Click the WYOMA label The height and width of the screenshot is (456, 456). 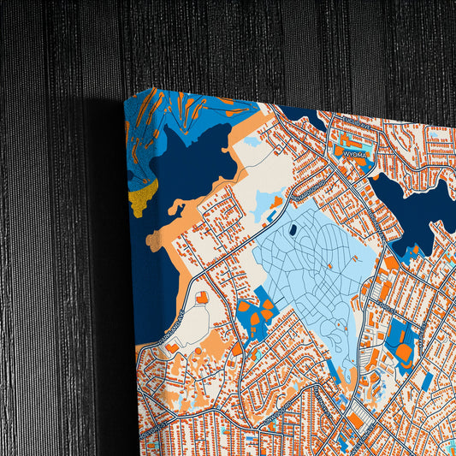click(x=353, y=153)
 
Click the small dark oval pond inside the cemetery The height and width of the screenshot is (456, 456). click(x=293, y=229)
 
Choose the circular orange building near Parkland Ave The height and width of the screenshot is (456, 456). click(x=202, y=298)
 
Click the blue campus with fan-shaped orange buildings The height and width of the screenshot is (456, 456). click(x=256, y=312)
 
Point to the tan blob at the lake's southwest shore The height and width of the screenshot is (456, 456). click(x=178, y=207)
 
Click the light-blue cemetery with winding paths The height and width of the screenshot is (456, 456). click(x=317, y=274)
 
